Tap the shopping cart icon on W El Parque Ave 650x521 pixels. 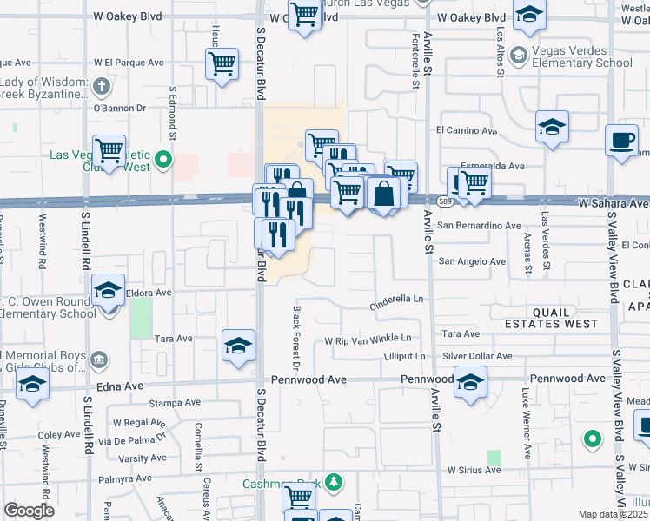[x=222, y=63]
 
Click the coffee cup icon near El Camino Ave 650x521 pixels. [x=622, y=140]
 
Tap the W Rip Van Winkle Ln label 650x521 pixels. [x=368, y=339]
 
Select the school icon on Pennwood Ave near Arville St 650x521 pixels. [x=470, y=381]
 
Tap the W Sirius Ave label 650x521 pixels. [x=474, y=470]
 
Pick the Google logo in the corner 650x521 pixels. [x=29, y=511]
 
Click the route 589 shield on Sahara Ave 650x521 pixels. [x=444, y=201]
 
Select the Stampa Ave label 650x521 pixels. [x=176, y=403]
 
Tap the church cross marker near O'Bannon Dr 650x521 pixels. [x=102, y=86]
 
